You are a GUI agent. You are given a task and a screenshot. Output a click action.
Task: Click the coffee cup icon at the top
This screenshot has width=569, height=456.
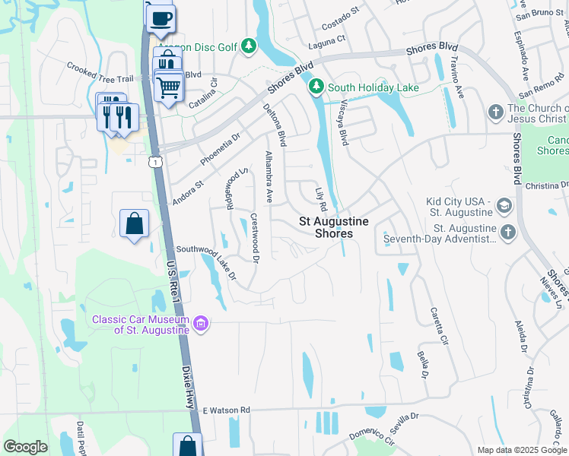160,18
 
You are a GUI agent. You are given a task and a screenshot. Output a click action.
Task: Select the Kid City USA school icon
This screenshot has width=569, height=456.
503,206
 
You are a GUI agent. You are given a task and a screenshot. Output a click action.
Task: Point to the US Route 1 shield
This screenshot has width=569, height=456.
156,162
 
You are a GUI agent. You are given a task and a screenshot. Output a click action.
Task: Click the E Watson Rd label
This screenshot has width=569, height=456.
226,410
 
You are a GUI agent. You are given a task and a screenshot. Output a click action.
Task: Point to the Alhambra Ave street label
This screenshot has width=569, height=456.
268,176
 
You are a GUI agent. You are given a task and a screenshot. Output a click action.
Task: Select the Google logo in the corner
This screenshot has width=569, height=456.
25,446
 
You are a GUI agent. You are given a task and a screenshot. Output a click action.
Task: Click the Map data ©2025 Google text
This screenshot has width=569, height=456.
522,450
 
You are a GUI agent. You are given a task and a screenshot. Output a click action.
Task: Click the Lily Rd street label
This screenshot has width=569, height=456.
321,197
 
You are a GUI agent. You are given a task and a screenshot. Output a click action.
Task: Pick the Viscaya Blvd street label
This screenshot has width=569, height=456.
343,122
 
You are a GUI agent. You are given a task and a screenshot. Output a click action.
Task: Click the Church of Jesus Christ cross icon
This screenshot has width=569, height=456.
495,112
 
